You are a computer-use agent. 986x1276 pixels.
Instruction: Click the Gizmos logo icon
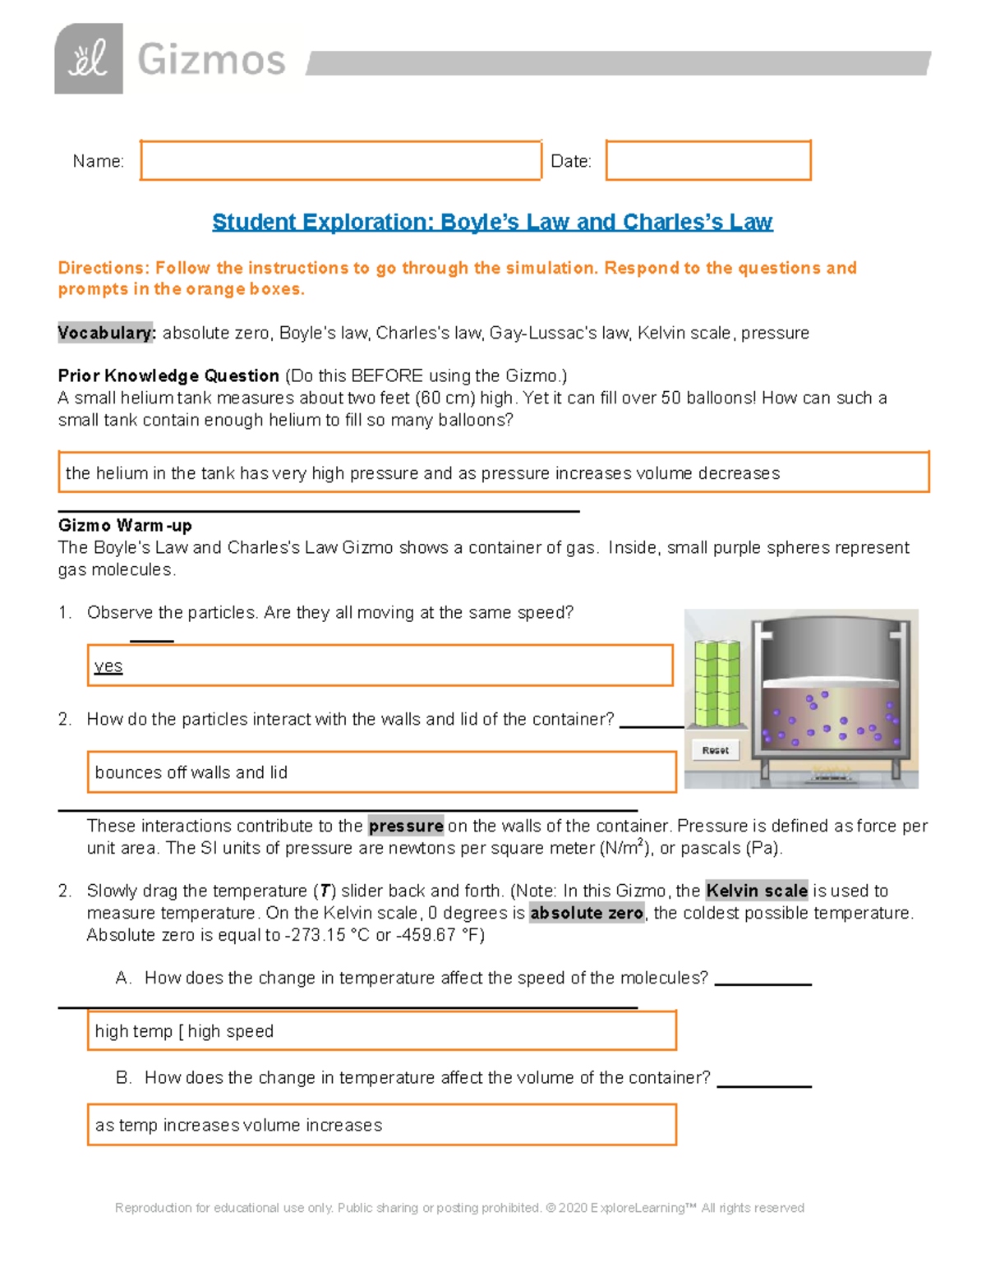click(x=89, y=58)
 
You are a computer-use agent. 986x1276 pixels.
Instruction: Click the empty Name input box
click(x=340, y=160)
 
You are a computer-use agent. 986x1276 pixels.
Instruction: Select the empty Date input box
click(x=708, y=160)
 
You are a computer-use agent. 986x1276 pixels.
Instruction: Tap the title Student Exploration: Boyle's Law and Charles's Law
click(x=492, y=222)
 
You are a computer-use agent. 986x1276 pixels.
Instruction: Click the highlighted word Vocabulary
click(x=106, y=333)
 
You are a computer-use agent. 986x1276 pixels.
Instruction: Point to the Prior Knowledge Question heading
click(x=168, y=375)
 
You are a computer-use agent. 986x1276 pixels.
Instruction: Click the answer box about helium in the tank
click(x=493, y=472)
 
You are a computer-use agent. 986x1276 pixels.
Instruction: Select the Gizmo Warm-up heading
click(x=125, y=525)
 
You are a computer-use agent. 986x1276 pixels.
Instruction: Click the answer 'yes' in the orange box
click(x=108, y=666)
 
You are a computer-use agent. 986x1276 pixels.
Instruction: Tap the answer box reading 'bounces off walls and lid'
click(x=381, y=772)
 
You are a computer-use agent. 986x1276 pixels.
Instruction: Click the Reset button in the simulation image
click(x=716, y=750)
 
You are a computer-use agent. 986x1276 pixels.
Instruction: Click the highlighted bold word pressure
click(x=406, y=826)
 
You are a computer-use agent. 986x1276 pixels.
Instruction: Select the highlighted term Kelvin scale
click(x=757, y=891)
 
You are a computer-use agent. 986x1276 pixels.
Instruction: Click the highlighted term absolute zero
click(x=587, y=913)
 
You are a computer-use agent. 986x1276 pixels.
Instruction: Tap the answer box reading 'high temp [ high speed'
click(x=381, y=1031)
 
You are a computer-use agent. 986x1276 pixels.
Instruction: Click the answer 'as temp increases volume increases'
click(x=239, y=1125)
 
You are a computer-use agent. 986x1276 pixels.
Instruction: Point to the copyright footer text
click(x=459, y=1208)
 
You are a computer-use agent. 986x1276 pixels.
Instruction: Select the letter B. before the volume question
click(x=123, y=1077)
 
